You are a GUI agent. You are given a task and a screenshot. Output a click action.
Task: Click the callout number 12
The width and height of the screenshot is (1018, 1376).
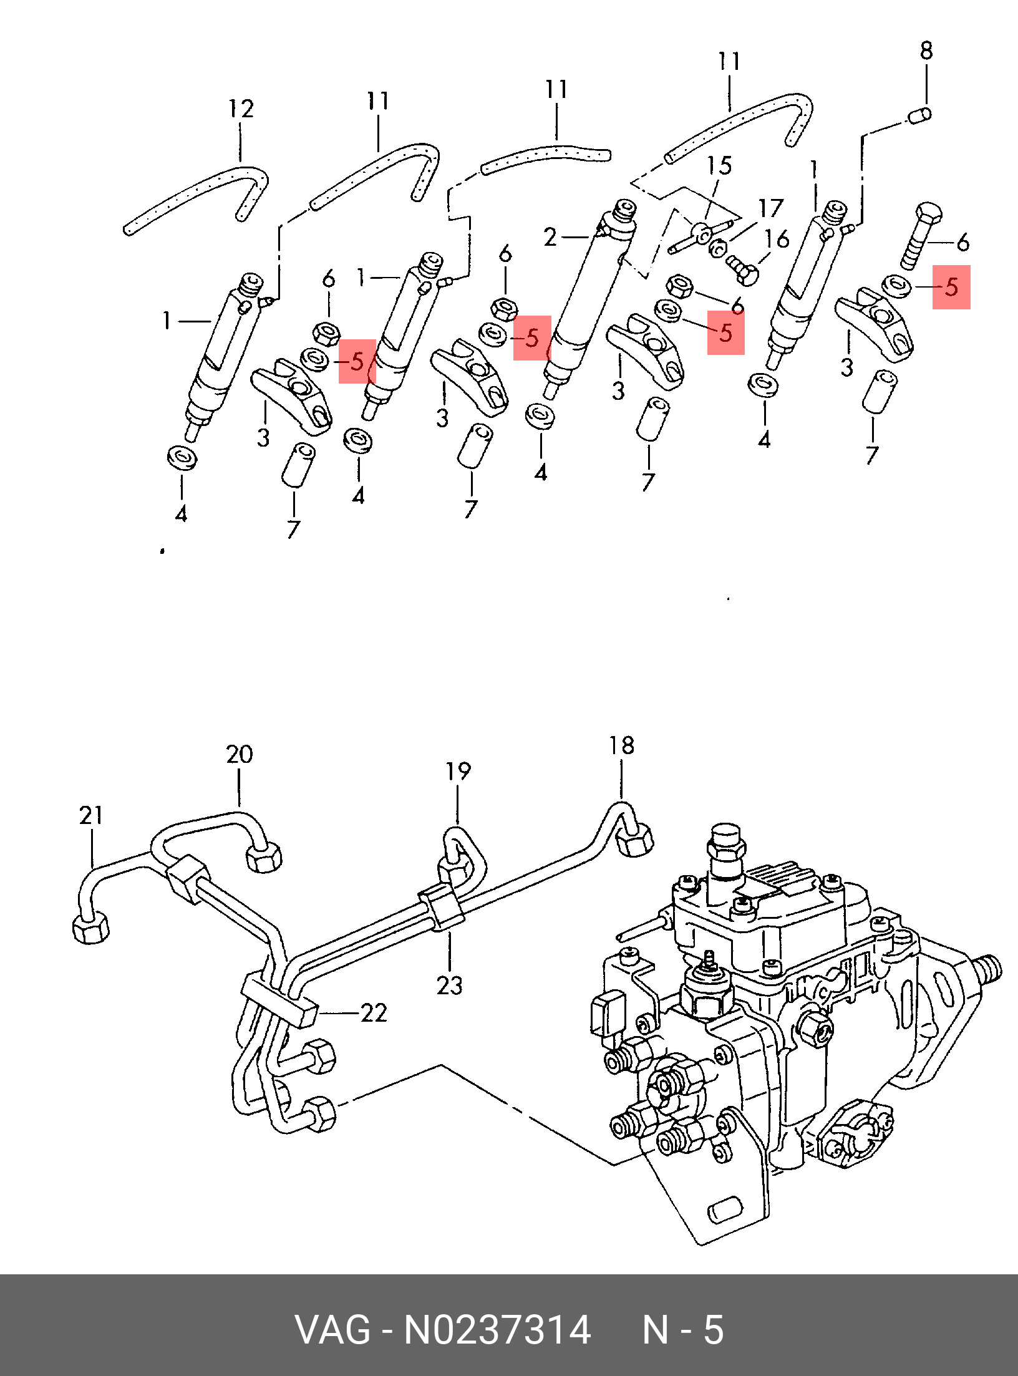[241, 109]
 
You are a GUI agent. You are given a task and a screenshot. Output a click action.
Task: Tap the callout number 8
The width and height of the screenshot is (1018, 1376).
[926, 51]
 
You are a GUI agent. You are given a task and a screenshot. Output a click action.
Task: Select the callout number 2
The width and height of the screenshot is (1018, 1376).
[550, 238]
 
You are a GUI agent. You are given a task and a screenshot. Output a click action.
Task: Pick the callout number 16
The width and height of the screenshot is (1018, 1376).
[777, 239]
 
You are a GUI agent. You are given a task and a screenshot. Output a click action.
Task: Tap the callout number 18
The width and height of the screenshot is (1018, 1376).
[621, 745]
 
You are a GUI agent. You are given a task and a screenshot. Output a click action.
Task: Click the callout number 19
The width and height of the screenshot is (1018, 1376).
[458, 772]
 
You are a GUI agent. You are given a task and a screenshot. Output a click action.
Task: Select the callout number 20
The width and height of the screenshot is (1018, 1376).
[240, 755]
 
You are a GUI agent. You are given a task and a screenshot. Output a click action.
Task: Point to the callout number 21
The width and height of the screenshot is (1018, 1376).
[91, 815]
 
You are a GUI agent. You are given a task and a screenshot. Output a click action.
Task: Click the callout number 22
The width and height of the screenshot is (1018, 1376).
[374, 1012]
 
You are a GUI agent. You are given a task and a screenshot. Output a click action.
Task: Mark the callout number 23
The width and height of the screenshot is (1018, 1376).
[449, 986]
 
